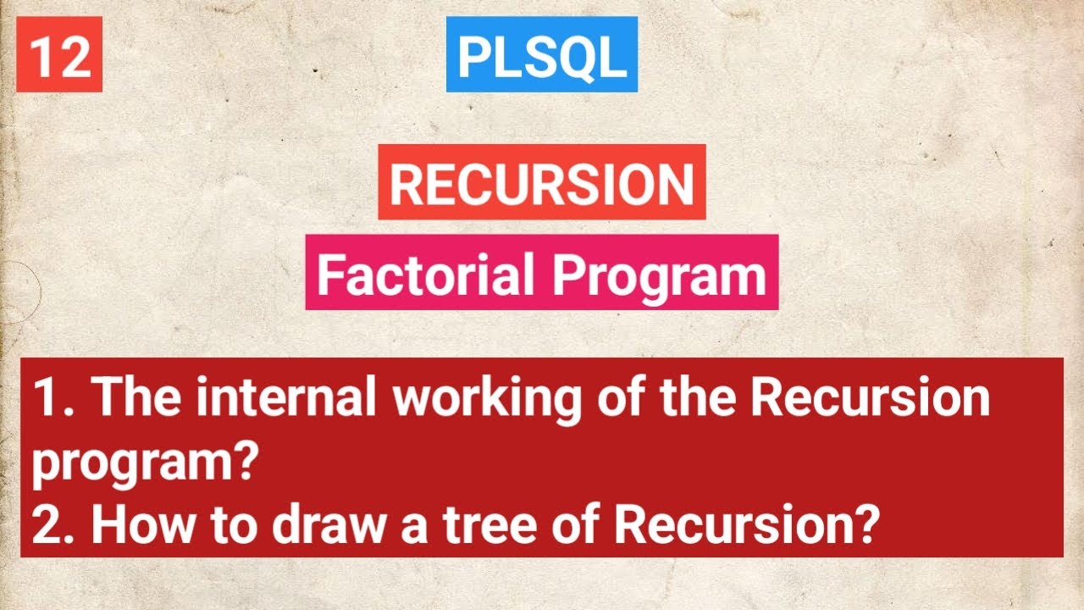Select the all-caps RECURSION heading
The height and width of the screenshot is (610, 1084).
point(541,182)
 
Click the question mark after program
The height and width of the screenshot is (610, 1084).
point(246,463)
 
